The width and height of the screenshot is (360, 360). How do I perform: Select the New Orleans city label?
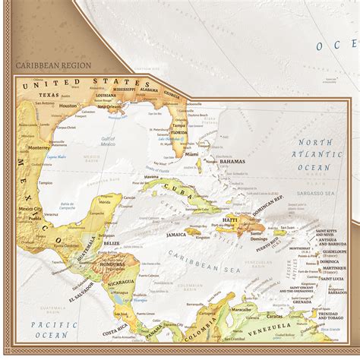click(110, 106)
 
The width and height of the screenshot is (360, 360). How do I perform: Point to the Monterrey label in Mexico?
click(37, 147)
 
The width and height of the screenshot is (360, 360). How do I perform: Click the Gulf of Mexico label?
click(106, 141)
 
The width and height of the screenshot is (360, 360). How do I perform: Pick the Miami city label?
click(191, 153)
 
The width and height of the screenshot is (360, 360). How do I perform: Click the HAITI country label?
click(230, 219)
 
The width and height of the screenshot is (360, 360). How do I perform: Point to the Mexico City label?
click(30, 209)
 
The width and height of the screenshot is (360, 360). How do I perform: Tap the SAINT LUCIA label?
click(336, 279)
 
